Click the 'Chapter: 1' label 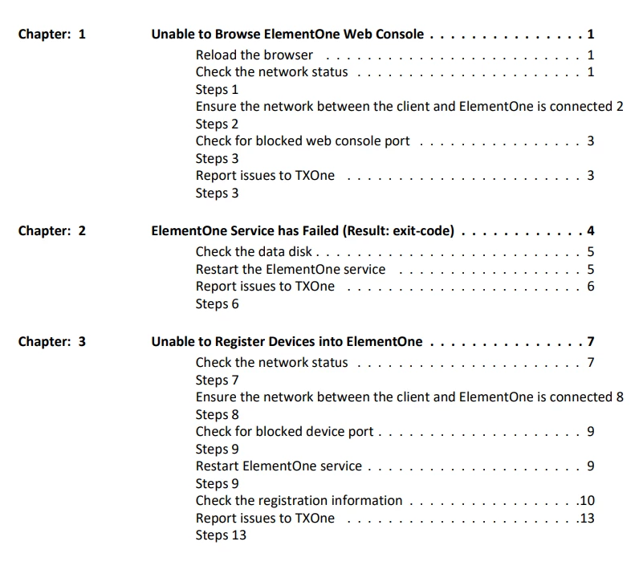click(51, 35)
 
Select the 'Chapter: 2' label click(51, 231)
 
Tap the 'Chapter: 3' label click(51, 342)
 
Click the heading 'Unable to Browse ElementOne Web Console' click(288, 35)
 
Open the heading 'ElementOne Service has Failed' click(303, 231)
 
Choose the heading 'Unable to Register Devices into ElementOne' click(287, 342)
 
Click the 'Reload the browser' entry click(254, 55)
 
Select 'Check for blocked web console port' click(303, 141)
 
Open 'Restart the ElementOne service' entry click(291, 270)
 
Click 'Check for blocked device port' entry click(285, 432)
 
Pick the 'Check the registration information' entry click(299, 501)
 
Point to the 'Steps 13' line click(221, 535)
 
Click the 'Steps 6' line click(218, 304)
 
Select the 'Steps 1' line click(218, 90)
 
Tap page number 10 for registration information click(587, 501)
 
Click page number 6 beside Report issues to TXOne click(590, 287)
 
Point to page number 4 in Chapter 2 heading click(590, 231)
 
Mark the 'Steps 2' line click(218, 124)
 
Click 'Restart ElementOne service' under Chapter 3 click(279, 466)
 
